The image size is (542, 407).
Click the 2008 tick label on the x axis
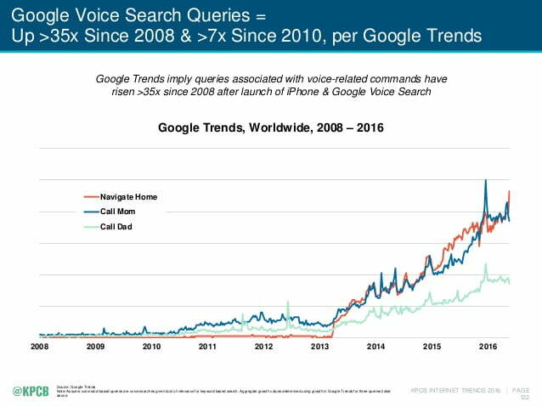click(x=40, y=347)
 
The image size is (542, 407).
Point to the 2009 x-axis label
click(x=95, y=347)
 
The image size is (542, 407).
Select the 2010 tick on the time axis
click(x=151, y=347)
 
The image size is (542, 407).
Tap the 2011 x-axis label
click(x=207, y=347)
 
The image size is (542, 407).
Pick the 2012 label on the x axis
click(x=263, y=347)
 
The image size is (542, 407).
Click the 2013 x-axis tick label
click(x=319, y=347)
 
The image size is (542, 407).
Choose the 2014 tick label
click(x=375, y=347)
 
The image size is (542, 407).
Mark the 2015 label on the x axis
click(x=432, y=347)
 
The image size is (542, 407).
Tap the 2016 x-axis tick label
click(x=488, y=347)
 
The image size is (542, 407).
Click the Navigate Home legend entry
click(x=128, y=196)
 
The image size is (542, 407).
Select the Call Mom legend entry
click(x=118, y=212)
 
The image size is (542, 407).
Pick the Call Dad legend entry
click(x=116, y=226)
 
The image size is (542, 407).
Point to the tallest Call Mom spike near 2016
click(x=485, y=181)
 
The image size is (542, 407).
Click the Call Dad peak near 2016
click(x=485, y=264)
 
